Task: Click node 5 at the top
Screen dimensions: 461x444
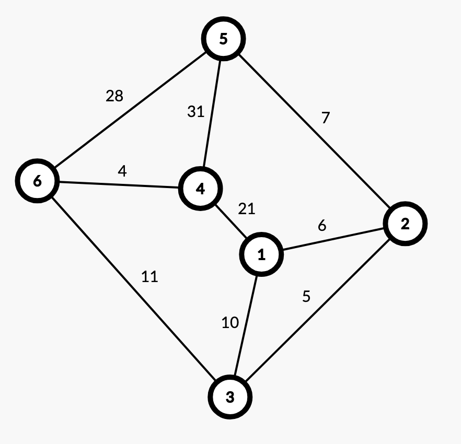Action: click(x=224, y=39)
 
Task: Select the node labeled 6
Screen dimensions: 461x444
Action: click(x=37, y=181)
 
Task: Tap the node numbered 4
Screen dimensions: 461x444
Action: click(x=200, y=189)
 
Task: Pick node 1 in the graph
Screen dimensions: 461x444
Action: click(x=262, y=254)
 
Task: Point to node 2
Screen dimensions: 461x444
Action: click(x=405, y=224)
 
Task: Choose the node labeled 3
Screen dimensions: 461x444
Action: click(x=230, y=397)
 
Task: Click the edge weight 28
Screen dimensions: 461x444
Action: click(x=114, y=96)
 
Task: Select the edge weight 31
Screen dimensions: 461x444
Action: click(x=196, y=112)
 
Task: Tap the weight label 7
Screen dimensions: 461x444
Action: click(x=326, y=118)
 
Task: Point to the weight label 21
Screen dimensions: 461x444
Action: click(x=247, y=209)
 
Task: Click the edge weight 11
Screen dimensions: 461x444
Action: click(x=149, y=276)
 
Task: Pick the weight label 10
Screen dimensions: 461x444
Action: click(x=230, y=323)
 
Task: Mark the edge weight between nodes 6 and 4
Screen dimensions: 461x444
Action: click(x=122, y=171)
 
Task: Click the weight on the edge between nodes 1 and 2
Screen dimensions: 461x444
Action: click(x=322, y=225)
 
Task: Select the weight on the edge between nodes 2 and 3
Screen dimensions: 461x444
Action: click(x=306, y=297)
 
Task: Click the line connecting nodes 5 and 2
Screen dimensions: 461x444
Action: click(x=314, y=131)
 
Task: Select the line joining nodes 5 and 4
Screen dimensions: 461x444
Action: click(x=212, y=114)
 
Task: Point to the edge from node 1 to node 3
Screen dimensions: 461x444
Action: click(x=246, y=325)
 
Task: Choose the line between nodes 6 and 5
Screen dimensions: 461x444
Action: click(x=130, y=110)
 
